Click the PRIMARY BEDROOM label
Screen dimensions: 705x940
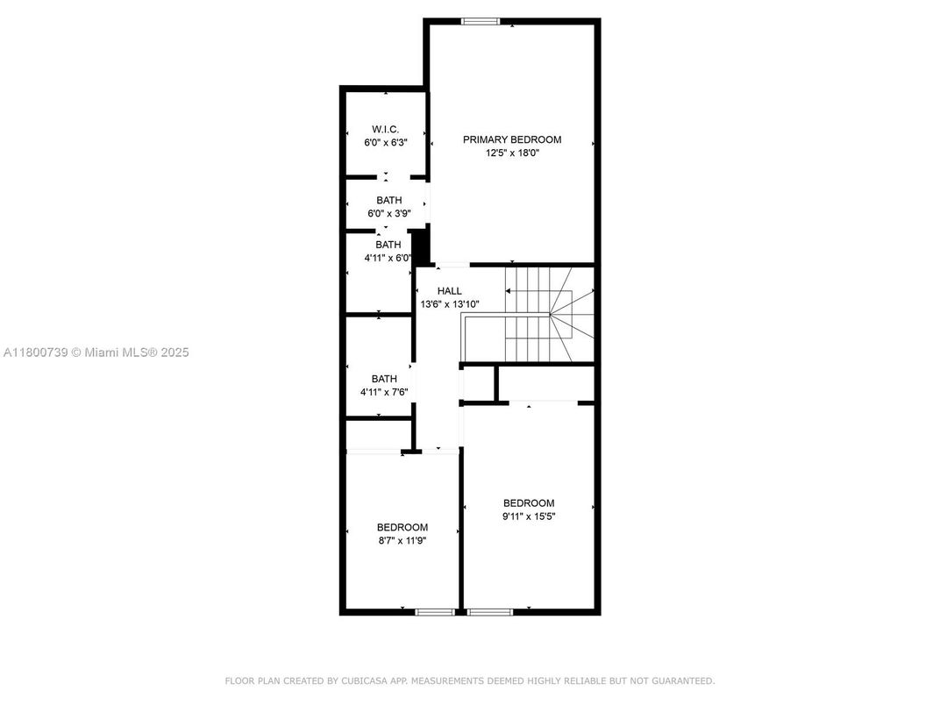tap(512, 139)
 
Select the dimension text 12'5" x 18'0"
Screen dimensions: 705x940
tap(512, 153)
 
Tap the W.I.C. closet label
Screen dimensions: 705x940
tap(385, 129)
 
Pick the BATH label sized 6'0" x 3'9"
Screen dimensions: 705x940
tap(388, 201)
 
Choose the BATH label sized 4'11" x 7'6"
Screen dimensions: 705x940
tap(384, 379)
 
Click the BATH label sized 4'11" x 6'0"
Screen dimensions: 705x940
tap(388, 245)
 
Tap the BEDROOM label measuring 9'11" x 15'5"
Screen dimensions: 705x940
tap(529, 503)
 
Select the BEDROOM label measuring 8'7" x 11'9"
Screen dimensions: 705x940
tap(402, 528)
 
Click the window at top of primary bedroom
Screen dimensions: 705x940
tap(481, 21)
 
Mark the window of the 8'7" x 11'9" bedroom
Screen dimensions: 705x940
tap(434, 611)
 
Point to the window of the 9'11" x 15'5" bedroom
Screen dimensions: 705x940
tap(489, 611)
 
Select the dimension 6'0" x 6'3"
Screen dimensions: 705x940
tap(385, 141)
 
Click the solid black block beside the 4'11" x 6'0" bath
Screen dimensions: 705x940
tap(421, 246)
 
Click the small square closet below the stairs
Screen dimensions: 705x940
tap(478, 384)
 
